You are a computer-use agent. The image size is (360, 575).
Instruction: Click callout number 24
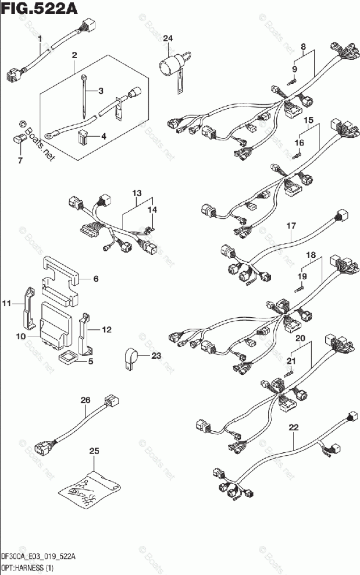168,38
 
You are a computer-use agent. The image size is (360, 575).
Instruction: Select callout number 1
40,39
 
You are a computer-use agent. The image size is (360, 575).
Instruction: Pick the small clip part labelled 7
19,139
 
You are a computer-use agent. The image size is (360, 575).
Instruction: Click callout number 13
136,193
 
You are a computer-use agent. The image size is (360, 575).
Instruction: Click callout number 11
6,303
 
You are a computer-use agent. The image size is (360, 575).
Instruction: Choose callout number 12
106,330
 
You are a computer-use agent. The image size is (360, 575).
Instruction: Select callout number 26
85,400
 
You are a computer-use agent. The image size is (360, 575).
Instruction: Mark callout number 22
294,428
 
